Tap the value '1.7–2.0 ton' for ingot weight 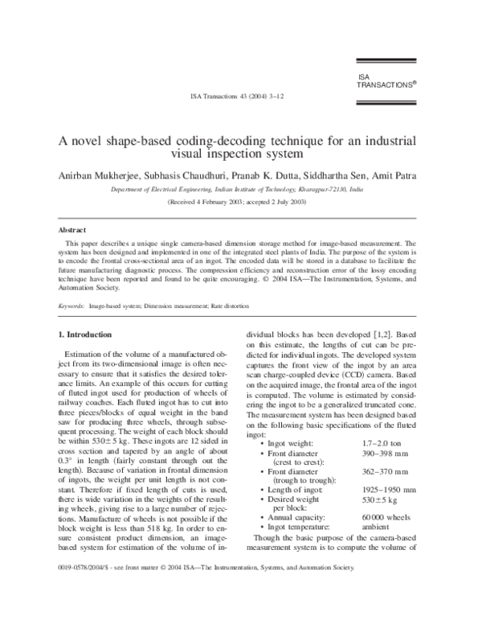click(x=379, y=443)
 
